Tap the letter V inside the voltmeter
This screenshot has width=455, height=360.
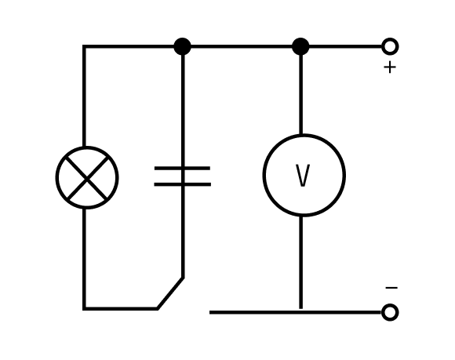[x=303, y=176]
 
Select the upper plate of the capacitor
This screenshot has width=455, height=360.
[x=182, y=169]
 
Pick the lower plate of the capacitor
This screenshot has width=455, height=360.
[x=182, y=184]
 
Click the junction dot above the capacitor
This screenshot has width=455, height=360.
[x=182, y=46]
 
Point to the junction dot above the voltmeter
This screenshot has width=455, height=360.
[x=300, y=46]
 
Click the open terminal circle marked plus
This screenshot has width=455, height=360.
[x=390, y=46]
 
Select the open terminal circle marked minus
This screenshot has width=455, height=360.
[x=390, y=312]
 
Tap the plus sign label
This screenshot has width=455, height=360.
[x=390, y=67]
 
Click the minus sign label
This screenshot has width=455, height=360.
[x=391, y=288]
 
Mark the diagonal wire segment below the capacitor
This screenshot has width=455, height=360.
[x=170, y=293]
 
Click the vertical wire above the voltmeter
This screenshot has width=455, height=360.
[x=301, y=94]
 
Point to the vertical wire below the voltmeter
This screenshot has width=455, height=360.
[x=301, y=263]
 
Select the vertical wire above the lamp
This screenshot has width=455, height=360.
[x=84, y=96]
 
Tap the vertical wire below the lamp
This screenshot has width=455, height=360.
[x=84, y=258]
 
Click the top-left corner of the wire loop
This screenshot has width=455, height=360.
[x=84, y=46]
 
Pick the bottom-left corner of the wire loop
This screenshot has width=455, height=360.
[x=84, y=309]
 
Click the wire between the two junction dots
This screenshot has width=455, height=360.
[x=242, y=46]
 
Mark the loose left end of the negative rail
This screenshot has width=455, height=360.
[x=209, y=312]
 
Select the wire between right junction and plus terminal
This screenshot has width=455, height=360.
[x=345, y=46]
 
